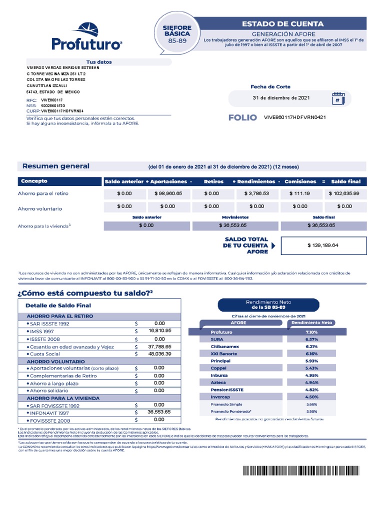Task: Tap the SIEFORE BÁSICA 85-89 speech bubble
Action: tap(176, 33)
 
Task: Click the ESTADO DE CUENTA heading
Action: tap(282, 23)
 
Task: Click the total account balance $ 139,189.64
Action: tap(323, 245)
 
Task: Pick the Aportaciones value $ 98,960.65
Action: tap(168, 193)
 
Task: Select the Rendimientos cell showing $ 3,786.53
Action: tap(256, 193)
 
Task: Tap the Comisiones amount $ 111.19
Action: tap(300, 193)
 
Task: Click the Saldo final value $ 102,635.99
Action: tap(344, 193)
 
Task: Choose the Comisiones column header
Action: tap(300, 181)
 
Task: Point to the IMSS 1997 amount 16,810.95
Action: tap(159, 331)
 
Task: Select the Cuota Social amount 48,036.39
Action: tap(159, 353)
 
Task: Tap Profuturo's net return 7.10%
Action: tap(311, 332)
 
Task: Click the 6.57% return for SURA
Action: tap(311, 339)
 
